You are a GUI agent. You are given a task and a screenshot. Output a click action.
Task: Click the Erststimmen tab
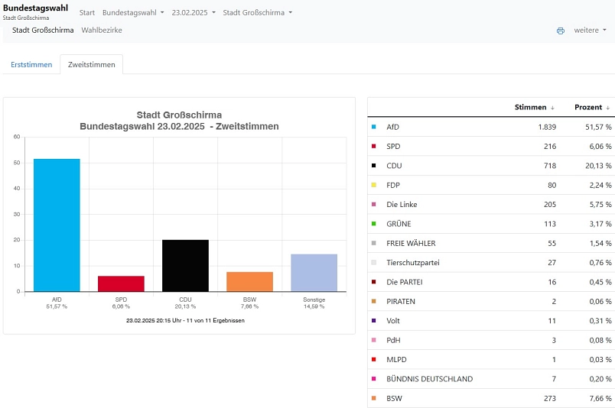point(31,65)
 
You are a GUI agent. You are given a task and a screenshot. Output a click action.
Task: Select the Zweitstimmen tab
point(91,65)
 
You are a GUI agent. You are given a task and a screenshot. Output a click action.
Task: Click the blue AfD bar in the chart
point(57,225)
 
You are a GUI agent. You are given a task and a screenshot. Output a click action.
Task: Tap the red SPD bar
point(121,283)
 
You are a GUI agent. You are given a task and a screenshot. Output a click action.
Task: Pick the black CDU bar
point(186,266)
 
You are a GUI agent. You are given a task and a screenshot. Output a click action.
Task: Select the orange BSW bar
point(250,282)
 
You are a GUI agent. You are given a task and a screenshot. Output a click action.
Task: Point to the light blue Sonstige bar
point(314,273)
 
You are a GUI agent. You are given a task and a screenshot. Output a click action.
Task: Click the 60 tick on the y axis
point(17,137)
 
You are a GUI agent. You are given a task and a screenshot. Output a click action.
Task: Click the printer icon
point(561,31)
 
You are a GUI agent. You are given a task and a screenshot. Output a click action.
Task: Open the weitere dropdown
point(590,30)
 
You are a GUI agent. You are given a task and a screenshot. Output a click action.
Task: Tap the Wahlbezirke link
point(102,30)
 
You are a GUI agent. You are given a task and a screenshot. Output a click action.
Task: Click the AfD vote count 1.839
point(547,127)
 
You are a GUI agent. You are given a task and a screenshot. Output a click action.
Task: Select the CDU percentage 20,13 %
point(598,166)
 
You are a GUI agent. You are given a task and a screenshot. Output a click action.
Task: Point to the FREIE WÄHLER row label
point(411,244)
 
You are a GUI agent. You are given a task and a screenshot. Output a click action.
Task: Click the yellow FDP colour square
point(374,185)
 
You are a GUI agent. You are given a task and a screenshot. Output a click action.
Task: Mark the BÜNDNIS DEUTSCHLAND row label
point(429,379)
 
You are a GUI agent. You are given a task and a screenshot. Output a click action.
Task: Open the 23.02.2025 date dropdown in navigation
point(194,12)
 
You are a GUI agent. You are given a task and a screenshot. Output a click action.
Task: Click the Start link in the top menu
point(87,12)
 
